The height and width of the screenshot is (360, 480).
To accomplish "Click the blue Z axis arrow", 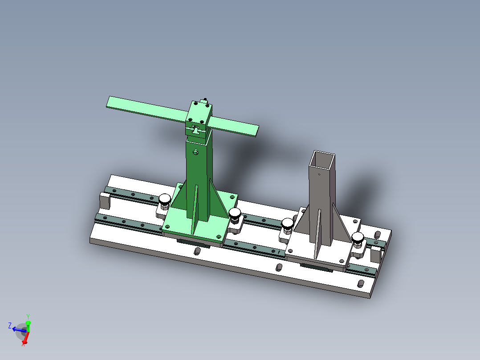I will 17,329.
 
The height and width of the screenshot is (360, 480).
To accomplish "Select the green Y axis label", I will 28,315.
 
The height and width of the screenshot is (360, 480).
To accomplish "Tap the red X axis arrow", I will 25,340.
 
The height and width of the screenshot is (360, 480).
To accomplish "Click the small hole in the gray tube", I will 320,174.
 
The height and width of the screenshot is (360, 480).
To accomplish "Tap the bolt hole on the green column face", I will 195,152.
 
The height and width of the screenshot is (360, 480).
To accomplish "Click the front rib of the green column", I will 195,209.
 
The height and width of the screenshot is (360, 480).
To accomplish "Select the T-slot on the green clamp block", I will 196,131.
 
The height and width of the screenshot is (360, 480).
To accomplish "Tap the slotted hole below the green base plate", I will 196,252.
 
